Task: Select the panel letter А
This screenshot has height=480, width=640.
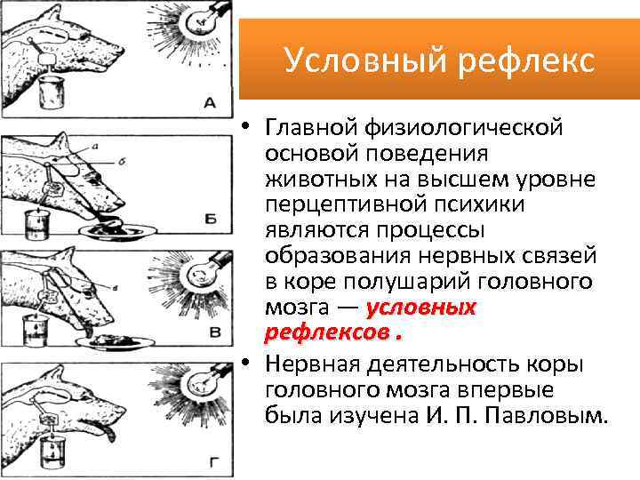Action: (210, 103)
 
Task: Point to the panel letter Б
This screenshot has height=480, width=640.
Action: (211, 218)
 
